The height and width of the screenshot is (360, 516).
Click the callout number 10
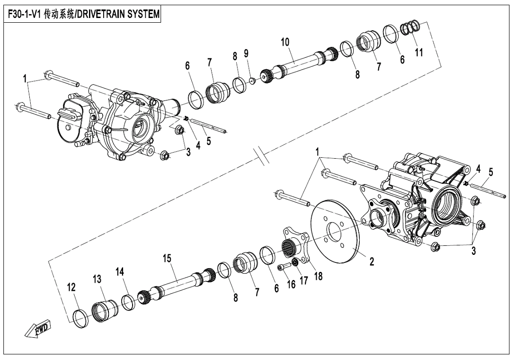pos(285,42)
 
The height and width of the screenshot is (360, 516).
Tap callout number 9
pos(246,54)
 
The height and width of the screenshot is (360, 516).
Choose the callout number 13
pos(97,279)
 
